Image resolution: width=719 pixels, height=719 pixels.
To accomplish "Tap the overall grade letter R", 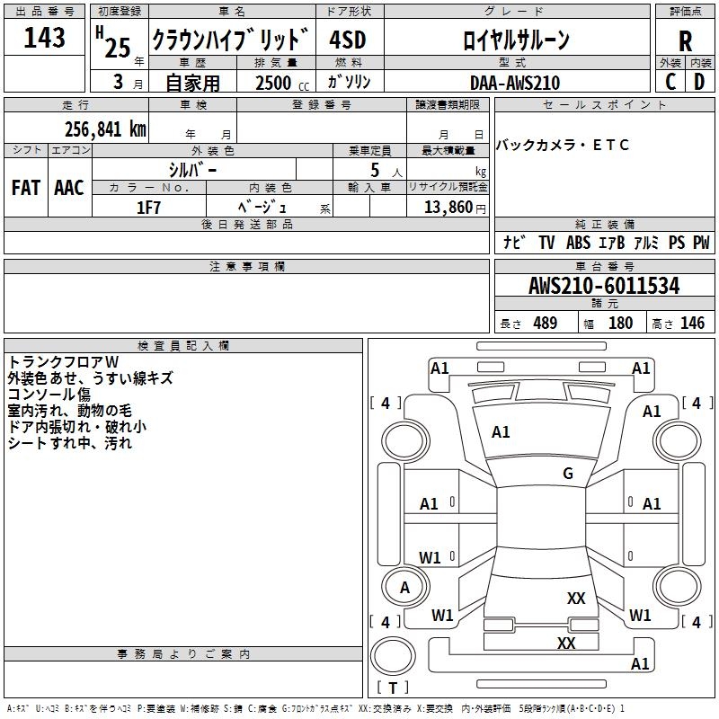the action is [685, 41].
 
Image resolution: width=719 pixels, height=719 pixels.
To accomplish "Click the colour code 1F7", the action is [148, 208].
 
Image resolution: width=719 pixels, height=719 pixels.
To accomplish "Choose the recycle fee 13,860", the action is [447, 208].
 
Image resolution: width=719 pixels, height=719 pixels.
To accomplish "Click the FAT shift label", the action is [25, 188].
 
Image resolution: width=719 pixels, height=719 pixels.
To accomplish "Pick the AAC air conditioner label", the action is [68, 188].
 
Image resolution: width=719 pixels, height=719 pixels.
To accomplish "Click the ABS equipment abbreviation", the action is [578, 243].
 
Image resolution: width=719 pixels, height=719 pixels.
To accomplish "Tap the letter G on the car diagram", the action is [568, 474].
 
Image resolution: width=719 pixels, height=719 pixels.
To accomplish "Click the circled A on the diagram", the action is [404, 587].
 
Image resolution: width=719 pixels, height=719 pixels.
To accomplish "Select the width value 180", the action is [620, 324].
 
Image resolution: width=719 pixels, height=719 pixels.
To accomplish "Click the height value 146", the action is [691, 324].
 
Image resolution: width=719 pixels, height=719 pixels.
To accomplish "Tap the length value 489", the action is [545, 324].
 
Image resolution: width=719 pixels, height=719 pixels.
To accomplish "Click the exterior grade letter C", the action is [670, 82].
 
